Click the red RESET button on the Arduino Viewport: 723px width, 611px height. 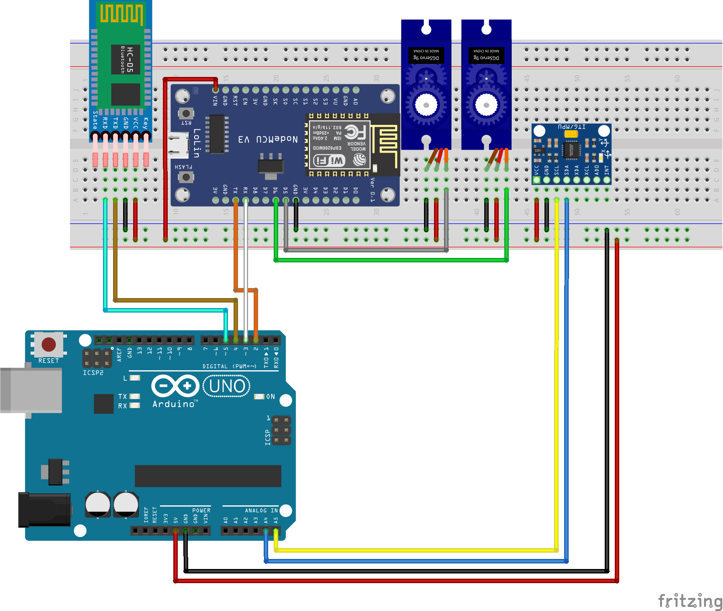pos(49,344)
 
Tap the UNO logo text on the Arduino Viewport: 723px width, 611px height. pos(227,386)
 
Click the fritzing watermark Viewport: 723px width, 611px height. pos(690,601)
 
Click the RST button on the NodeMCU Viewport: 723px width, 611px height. pos(186,113)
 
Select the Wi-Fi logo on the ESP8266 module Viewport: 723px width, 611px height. pos(330,161)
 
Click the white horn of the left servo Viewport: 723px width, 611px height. pos(426,105)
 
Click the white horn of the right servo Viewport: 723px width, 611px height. pos(486,105)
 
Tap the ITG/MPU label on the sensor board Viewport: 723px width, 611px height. pos(572,127)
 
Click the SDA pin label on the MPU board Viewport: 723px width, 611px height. pos(566,170)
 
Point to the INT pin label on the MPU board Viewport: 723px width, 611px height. pos(607,170)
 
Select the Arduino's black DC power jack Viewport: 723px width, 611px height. pos(45,510)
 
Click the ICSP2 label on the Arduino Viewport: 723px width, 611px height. pos(93,373)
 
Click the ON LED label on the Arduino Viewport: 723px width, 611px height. pos(270,397)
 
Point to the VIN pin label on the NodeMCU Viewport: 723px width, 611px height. pos(215,100)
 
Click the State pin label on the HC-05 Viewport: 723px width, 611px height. pos(95,120)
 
